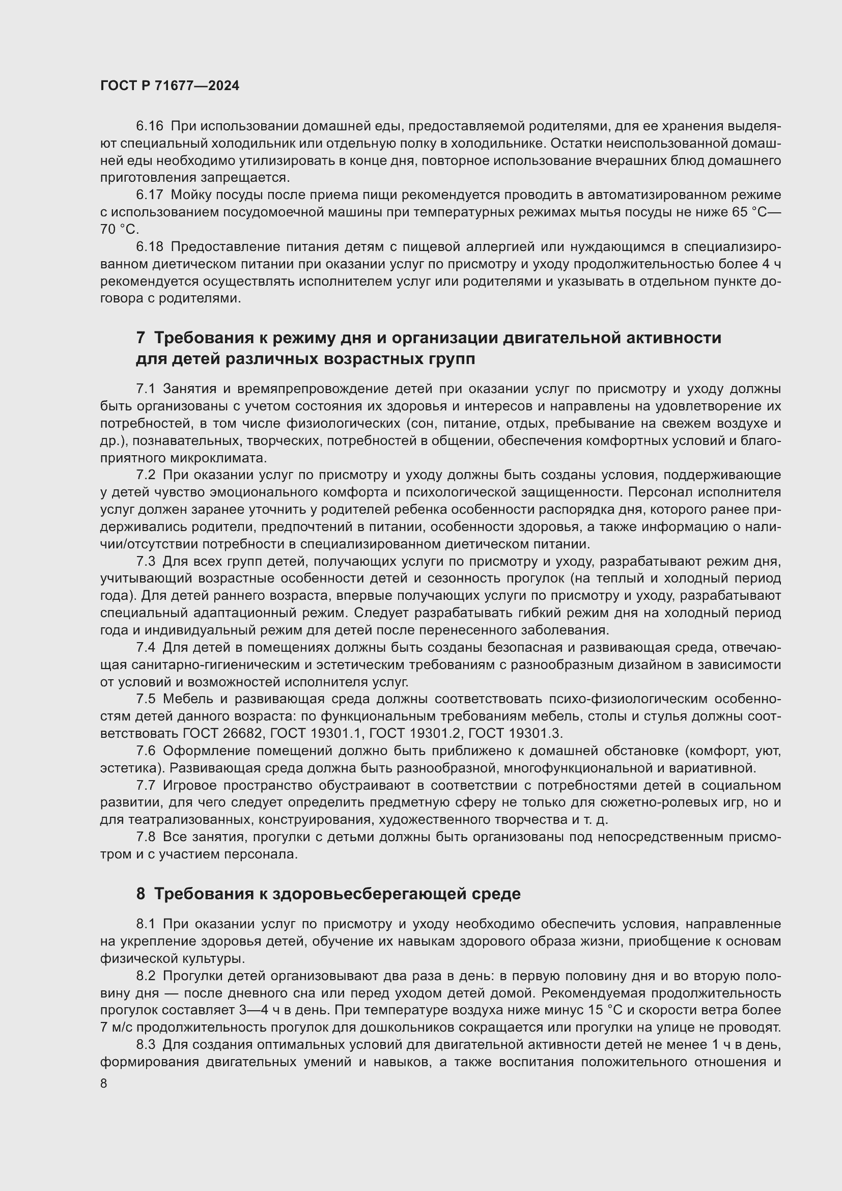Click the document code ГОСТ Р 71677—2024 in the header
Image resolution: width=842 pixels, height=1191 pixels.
pyautogui.click(x=170, y=86)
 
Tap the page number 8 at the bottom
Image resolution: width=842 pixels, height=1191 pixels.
pyautogui.click(x=104, y=1084)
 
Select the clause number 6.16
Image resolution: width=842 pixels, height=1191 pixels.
pyautogui.click(x=149, y=126)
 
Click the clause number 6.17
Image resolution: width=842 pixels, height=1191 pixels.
pyautogui.click(x=149, y=195)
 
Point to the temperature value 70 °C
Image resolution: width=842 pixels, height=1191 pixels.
pyautogui.click(x=119, y=229)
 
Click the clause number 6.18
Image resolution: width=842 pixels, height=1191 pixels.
pyautogui.click(x=149, y=247)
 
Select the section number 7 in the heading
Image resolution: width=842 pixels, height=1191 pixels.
pyautogui.click(x=141, y=338)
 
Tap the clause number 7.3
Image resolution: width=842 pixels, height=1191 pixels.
pyautogui.click(x=146, y=561)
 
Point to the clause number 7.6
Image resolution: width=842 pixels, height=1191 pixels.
pyautogui.click(x=146, y=751)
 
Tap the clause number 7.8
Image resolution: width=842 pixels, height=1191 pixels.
pyautogui.click(x=146, y=837)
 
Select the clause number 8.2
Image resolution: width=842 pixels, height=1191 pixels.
pyautogui.click(x=146, y=976)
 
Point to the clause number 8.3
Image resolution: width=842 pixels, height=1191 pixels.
pyautogui.click(x=146, y=1044)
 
